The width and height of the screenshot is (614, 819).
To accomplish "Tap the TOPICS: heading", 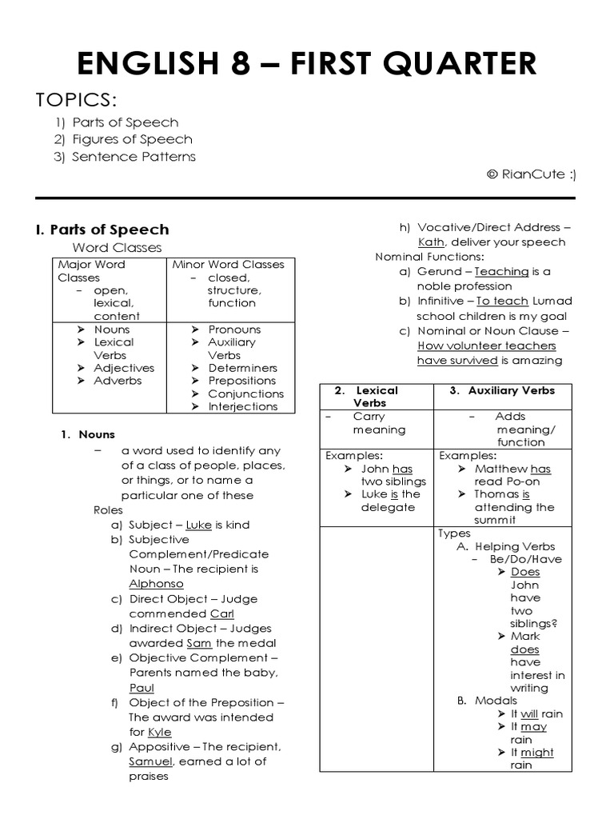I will [76, 101].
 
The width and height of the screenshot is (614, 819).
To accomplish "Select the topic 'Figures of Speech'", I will [132, 139].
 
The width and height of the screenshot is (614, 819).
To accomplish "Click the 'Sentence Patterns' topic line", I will [134, 157].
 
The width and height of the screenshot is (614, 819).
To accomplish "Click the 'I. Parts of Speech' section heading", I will [102, 230].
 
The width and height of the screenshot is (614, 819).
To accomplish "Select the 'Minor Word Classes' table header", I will [229, 265].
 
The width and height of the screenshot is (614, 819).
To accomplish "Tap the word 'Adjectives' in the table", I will [124, 368].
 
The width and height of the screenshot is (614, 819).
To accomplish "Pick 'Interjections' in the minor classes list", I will [242, 406].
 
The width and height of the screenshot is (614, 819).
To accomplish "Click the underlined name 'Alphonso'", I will [156, 584].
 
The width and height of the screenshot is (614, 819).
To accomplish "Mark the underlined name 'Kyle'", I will [160, 732].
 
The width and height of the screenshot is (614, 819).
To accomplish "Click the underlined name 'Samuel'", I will [150, 761].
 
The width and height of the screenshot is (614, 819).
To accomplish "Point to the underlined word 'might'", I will [536, 753].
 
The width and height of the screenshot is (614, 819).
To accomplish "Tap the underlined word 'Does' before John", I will [525, 572].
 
